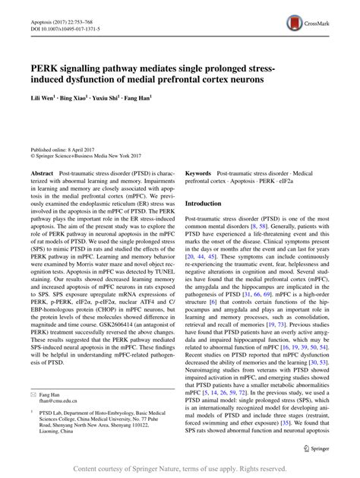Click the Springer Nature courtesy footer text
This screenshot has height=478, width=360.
[179, 470]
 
